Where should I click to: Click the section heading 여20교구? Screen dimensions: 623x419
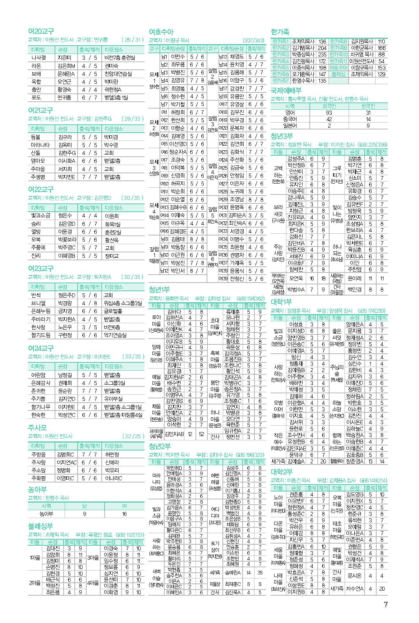tap(41, 31)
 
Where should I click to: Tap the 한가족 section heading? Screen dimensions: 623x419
tap(280, 32)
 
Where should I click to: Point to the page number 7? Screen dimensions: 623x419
tap(386, 604)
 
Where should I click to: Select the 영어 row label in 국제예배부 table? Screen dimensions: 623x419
tap(290, 113)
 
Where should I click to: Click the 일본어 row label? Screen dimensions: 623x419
tap(290, 125)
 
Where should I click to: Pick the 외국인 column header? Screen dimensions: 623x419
tap(329, 106)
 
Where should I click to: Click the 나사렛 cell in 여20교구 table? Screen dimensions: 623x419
tap(38, 58)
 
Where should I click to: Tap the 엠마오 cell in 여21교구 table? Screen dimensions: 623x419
tap(38, 161)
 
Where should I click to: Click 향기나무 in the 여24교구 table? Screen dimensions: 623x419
tap(41, 407)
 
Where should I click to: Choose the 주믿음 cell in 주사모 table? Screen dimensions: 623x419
tap(38, 454)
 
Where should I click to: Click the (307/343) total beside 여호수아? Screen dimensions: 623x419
tap(253, 40)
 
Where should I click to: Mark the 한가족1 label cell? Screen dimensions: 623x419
tap(280, 42)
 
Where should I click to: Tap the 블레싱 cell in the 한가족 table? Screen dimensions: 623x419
tap(338, 74)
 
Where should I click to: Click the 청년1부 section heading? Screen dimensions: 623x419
tap(159, 289)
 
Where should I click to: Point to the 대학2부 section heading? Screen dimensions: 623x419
tap(281, 472)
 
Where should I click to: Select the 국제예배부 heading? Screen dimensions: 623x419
tap(286, 91)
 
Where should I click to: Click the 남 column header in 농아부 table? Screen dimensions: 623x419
tap(84, 506)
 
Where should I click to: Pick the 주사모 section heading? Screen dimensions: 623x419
tap(37, 427)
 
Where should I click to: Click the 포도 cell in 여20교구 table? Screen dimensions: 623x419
tap(36, 97)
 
